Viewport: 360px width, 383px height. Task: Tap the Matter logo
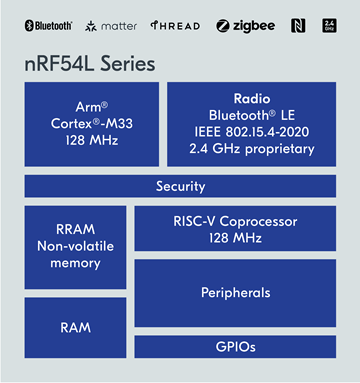click(x=112, y=24)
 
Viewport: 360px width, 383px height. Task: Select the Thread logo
click(x=176, y=24)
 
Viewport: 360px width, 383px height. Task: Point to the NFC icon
click(x=297, y=24)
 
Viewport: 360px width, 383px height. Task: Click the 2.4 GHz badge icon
click(x=330, y=24)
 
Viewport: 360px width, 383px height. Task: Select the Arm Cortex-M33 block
click(x=91, y=124)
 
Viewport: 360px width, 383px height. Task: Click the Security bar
click(x=180, y=186)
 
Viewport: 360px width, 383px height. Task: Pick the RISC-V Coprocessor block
click(x=235, y=228)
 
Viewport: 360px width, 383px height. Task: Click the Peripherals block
click(x=235, y=294)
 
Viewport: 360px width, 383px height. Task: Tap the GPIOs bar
click(x=235, y=347)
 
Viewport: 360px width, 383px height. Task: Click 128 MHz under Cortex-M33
click(x=91, y=141)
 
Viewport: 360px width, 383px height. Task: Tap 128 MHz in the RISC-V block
click(x=235, y=237)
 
